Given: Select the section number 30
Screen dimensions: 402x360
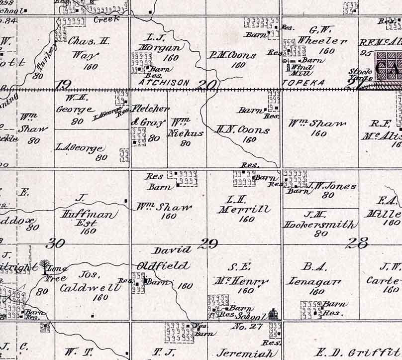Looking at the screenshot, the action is coord(55,243).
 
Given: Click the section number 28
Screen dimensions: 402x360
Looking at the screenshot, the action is coord(358,243).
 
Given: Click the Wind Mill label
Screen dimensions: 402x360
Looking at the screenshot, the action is coord(302,70).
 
